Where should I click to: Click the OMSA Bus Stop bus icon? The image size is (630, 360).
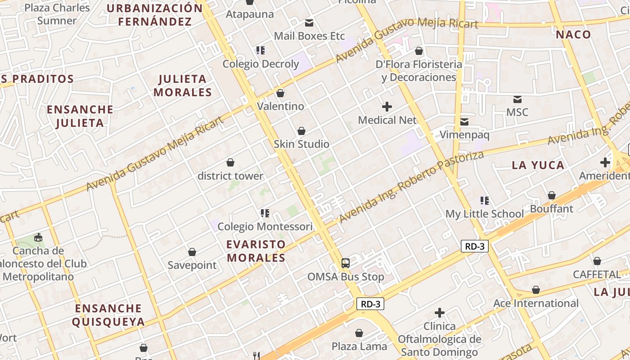pyautogui.click(x=345, y=263)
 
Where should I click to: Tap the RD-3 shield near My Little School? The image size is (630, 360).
pyautogui.click(x=474, y=246)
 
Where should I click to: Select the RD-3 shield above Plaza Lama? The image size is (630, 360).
pyautogui.click(x=371, y=304)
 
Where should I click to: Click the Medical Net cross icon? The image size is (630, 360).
pyautogui.click(x=387, y=107)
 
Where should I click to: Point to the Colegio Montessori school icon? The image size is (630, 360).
pyautogui.click(x=265, y=213)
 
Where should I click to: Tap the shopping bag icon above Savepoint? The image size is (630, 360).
pyautogui.click(x=192, y=252)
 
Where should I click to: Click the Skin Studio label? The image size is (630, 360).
pyautogui.click(x=301, y=144)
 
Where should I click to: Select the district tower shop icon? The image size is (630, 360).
pyautogui.click(x=230, y=162)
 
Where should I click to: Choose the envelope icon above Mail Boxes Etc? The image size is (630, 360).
pyautogui.click(x=309, y=22)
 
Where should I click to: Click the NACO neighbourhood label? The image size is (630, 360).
pyautogui.click(x=573, y=35)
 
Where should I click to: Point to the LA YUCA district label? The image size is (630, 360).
pyautogui.click(x=538, y=165)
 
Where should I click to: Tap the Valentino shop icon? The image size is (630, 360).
pyautogui.click(x=280, y=93)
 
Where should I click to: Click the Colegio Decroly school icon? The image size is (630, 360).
pyautogui.click(x=261, y=50)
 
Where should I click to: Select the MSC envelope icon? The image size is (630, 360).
pyautogui.click(x=517, y=99)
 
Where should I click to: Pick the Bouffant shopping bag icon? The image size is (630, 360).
pyautogui.click(x=552, y=195)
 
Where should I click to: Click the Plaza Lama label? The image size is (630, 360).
pyautogui.click(x=359, y=346)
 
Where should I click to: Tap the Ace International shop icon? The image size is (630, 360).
pyautogui.click(x=535, y=290)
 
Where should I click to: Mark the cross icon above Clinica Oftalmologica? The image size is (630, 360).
pyautogui.click(x=440, y=313)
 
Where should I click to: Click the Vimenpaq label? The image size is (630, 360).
pyautogui.click(x=464, y=135)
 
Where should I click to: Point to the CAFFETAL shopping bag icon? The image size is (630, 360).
pyautogui.click(x=597, y=261)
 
